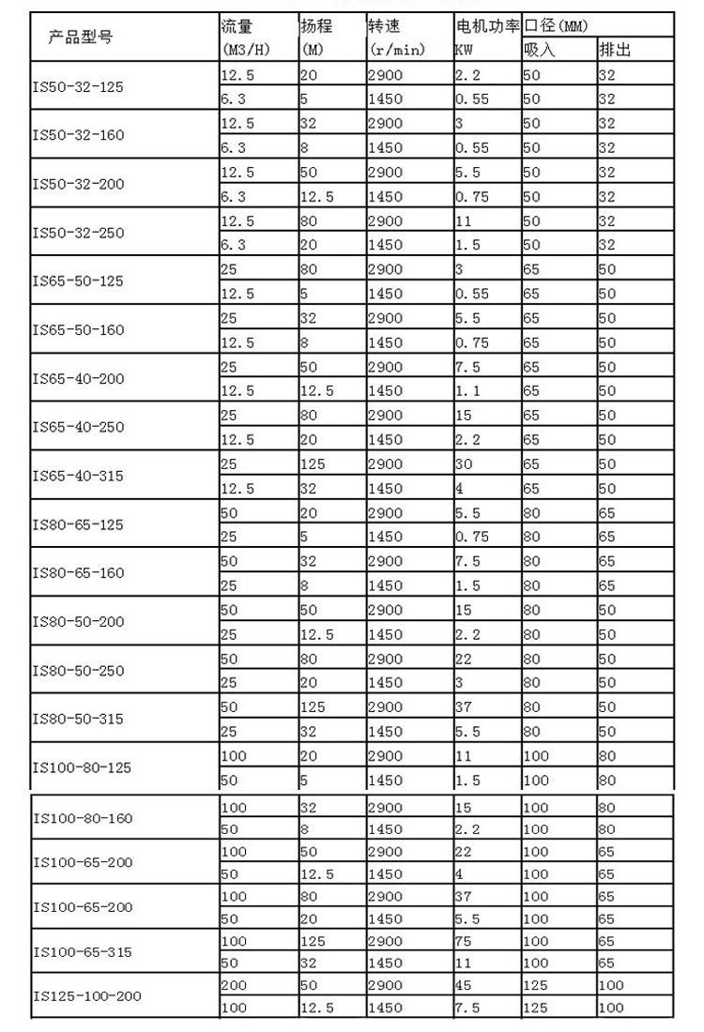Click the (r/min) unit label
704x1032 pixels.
397,50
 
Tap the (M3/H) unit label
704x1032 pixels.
246,50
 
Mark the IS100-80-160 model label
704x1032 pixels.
83,817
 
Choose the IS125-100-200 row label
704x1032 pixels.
86,995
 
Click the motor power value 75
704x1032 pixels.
462,940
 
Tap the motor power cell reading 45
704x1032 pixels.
462,985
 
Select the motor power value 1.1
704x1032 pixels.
467,390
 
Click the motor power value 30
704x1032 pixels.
462,463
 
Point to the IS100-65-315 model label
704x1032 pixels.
83,952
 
